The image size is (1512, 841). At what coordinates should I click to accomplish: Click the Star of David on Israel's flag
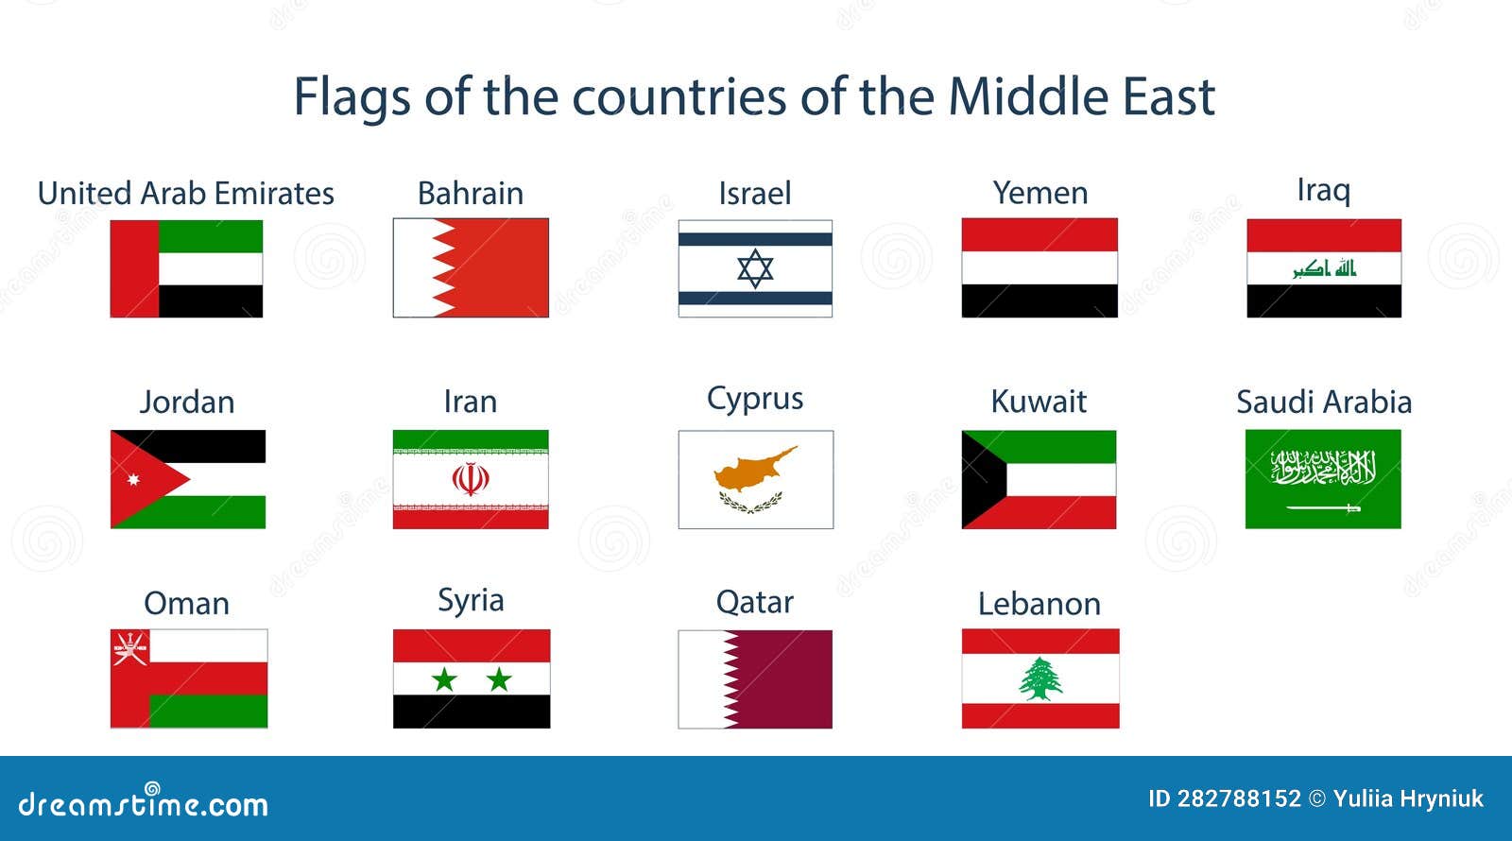(x=755, y=268)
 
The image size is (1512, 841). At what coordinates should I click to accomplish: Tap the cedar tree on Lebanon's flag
(x=1040, y=679)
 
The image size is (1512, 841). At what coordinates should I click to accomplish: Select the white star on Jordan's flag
(x=133, y=479)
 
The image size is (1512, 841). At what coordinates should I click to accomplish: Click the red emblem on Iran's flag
(x=471, y=478)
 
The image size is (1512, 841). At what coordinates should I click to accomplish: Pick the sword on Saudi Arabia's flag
(x=1323, y=507)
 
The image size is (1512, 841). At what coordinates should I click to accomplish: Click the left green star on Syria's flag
(x=444, y=679)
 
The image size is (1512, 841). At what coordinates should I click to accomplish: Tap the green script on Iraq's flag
(x=1324, y=268)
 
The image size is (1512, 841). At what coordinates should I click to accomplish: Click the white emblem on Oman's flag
(x=129, y=648)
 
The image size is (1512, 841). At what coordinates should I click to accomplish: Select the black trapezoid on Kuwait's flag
(x=983, y=479)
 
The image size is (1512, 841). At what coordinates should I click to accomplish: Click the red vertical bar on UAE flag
(x=134, y=268)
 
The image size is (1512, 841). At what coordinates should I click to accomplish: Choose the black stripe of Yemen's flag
(x=1039, y=301)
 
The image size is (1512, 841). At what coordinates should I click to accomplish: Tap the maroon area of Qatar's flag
(x=783, y=679)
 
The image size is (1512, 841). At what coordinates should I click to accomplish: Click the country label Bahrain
(x=471, y=194)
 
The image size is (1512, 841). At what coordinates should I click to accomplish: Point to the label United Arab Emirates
(x=185, y=194)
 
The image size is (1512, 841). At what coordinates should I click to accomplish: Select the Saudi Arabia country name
(x=1324, y=403)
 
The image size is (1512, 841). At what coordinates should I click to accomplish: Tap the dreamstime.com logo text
(x=143, y=802)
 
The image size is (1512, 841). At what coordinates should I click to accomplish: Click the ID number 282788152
(x=1239, y=799)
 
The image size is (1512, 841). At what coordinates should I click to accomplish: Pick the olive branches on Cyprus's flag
(x=750, y=502)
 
